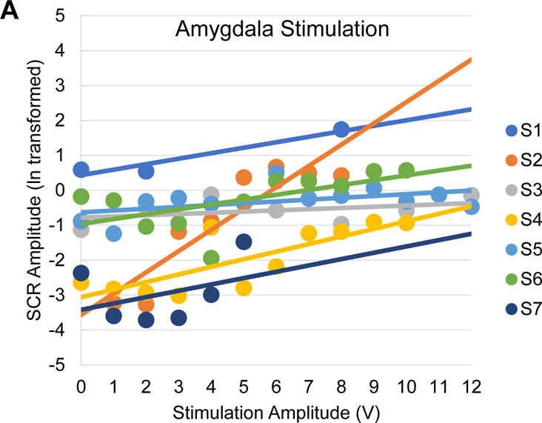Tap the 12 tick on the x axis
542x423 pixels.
click(x=471, y=387)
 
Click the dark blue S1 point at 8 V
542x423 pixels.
click(x=341, y=130)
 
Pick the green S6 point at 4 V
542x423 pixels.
click(x=211, y=258)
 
